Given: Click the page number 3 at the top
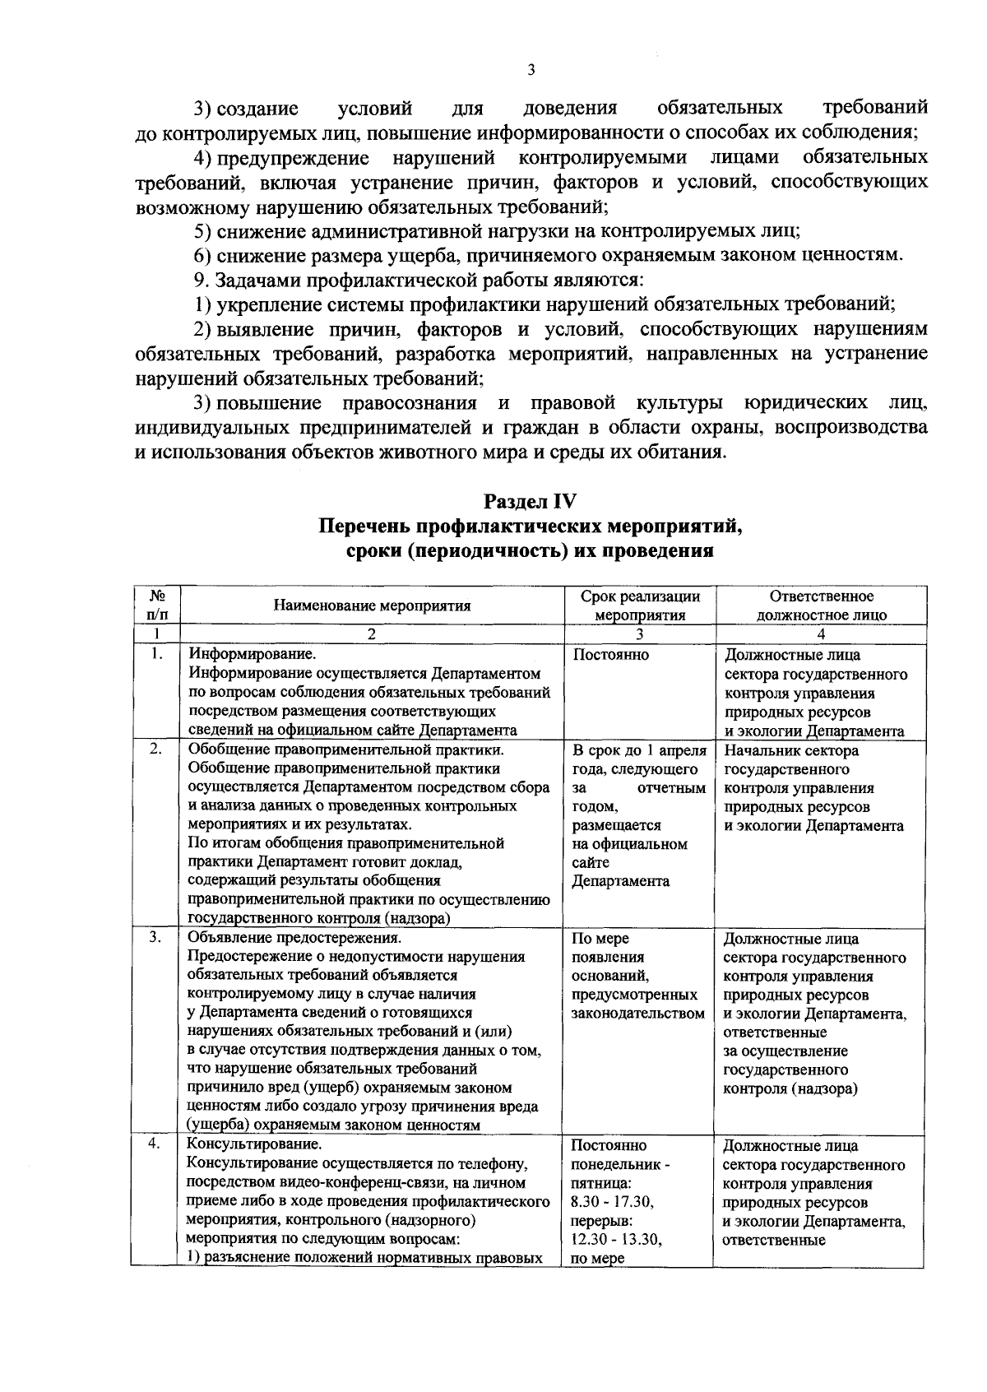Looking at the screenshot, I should point(531,71).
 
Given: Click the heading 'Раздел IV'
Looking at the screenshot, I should point(531,502).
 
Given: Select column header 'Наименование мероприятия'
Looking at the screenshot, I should point(372,606).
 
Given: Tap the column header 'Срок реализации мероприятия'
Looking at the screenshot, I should point(640,606).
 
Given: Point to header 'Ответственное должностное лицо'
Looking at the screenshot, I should point(821,606).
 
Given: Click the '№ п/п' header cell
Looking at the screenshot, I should point(155,606).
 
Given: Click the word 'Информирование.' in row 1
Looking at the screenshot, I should point(252,656).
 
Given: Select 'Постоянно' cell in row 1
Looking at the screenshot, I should point(610,656).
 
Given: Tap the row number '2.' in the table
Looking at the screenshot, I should point(155,750).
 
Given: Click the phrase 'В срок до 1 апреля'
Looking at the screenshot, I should point(639,750).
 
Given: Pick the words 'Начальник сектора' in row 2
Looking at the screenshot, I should point(791,750).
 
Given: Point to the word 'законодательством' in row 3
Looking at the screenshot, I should point(638,1014).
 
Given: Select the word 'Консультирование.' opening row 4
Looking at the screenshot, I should point(254,1146).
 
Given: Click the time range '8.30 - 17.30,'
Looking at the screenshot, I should point(612,1203).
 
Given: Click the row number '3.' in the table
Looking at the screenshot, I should point(155,939).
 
